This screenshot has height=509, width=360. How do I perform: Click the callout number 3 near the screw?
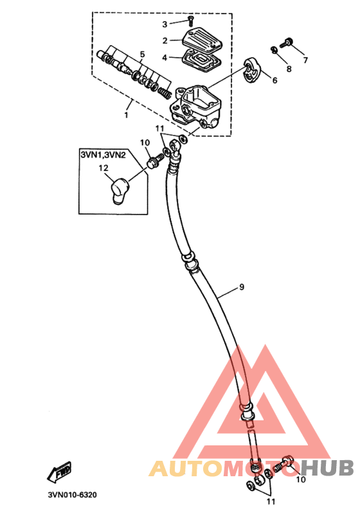[165, 24]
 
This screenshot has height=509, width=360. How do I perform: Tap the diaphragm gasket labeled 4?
[201, 62]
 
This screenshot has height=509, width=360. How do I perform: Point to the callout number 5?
[142, 54]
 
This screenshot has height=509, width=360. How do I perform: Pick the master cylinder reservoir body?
[195, 107]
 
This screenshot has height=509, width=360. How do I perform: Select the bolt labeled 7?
[286, 43]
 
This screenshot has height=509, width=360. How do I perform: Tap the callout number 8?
[289, 69]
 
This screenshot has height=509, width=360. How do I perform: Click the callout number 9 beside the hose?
[242, 287]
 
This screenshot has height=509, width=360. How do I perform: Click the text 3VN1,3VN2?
[103, 154]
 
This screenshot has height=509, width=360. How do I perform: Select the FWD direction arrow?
[59, 472]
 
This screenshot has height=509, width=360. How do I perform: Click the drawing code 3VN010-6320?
[72, 495]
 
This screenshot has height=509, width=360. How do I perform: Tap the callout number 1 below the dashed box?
[126, 115]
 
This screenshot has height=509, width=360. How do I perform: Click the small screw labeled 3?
[190, 21]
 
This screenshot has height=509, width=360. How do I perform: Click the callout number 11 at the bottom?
[271, 501]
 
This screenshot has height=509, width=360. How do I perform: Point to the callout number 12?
[104, 168]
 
